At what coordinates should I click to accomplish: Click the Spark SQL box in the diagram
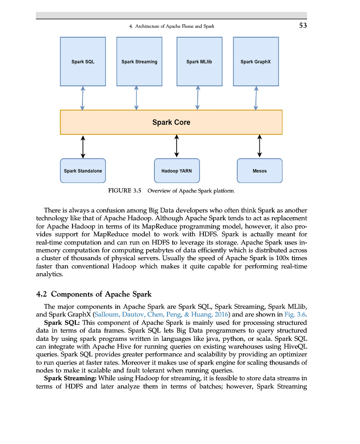click(x=83, y=62)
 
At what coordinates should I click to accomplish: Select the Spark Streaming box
click(x=139, y=62)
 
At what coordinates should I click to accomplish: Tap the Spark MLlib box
click(x=199, y=62)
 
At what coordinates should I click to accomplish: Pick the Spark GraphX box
click(x=255, y=62)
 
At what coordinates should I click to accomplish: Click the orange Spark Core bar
click(x=171, y=122)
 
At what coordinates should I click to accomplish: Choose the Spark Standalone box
click(x=83, y=171)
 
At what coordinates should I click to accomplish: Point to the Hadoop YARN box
click(x=177, y=171)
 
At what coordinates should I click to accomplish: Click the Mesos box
click(x=259, y=171)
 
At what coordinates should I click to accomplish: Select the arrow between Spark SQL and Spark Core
click(x=82, y=98)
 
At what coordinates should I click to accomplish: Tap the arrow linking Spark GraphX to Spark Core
click(x=256, y=98)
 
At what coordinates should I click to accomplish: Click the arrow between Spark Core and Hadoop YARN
click(x=177, y=146)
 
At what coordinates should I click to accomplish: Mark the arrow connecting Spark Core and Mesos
click(x=259, y=146)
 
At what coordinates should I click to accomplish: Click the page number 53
click(x=303, y=26)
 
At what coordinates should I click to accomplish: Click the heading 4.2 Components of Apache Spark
click(x=94, y=294)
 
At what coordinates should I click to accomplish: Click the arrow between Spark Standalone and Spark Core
click(x=83, y=146)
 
